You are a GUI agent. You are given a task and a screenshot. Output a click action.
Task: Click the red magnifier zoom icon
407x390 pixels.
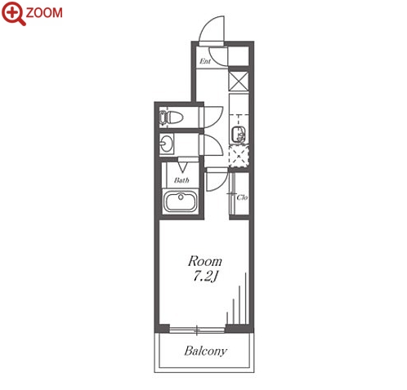(13, 13)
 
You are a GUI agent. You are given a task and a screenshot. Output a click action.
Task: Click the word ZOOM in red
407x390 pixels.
(44, 13)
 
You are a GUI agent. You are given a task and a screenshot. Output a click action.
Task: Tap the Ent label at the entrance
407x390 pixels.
(205, 61)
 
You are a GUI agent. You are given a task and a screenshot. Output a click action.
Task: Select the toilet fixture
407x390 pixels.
(171, 117)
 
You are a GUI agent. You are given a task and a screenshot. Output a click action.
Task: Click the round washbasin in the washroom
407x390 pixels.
(166, 144)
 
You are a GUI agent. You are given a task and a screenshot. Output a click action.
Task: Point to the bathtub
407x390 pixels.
(180, 201)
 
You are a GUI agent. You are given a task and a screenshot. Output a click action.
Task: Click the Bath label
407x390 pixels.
(181, 180)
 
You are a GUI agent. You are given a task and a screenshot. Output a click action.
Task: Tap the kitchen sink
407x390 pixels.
(239, 135)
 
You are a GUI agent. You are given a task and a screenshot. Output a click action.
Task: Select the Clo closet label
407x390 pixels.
(242, 197)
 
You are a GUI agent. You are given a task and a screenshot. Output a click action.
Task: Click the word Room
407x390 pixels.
(205, 261)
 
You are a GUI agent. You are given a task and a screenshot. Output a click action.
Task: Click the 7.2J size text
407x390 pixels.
(206, 277)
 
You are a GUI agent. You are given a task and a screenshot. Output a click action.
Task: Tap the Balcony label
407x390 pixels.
(206, 351)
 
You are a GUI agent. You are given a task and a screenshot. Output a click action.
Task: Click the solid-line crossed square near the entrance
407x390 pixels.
(239, 81)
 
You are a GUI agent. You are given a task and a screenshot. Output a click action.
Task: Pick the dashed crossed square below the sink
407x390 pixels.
(239, 157)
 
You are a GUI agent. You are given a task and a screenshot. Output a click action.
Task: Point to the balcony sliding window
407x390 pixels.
(197, 330)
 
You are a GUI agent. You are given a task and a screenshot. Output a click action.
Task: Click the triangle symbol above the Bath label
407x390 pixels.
(182, 167)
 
